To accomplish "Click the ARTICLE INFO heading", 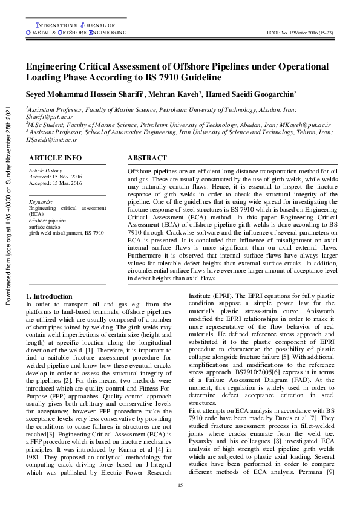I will click(x=55, y=158).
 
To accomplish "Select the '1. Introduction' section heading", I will click(x=50, y=296).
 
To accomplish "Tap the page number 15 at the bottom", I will click(x=180, y=486).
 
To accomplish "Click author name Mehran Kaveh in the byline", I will click(x=176, y=94).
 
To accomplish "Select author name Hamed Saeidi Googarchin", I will click(x=254, y=94).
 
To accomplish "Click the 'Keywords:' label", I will click(x=41, y=202).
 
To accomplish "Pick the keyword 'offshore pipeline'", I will click(x=47, y=221).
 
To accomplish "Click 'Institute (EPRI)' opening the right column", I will click(x=212, y=297).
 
